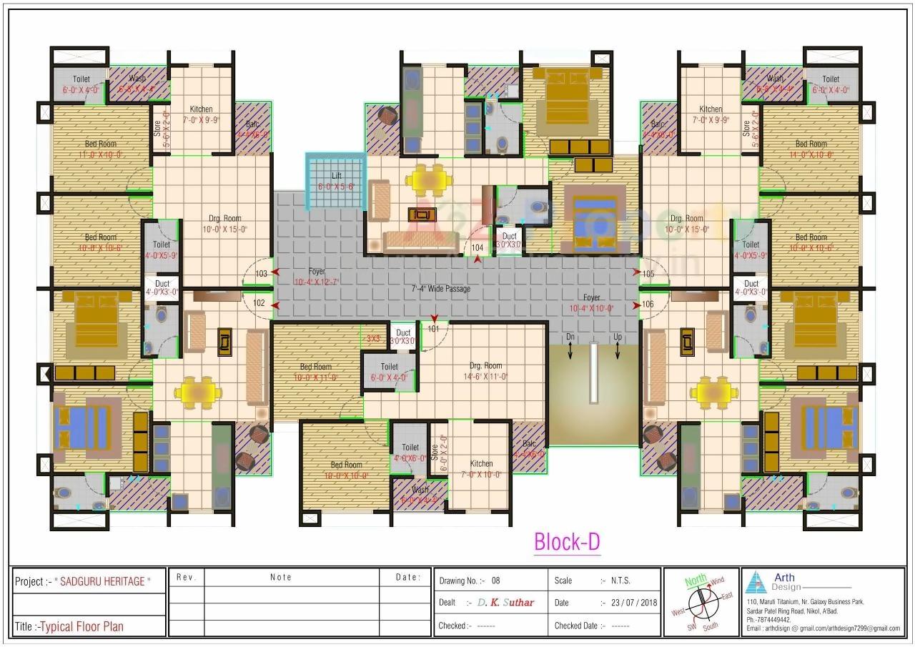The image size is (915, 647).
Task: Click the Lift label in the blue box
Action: (x=336, y=175)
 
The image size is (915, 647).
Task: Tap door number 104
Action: (x=478, y=248)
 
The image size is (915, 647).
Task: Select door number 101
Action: (x=433, y=330)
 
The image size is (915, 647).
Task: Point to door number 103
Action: (x=261, y=274)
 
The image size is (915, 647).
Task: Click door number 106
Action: (x=648, y=304)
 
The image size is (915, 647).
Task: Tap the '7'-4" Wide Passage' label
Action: (x=440, y=289)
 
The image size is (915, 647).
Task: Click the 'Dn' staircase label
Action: (x=570, y=337)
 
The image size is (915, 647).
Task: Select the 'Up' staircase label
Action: (x=618, y=337)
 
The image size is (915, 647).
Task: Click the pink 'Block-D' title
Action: (x=567, y=543)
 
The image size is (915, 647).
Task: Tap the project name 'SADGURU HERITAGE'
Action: (x=103, y=582)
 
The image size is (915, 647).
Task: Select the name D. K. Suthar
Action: (x=505, y=603)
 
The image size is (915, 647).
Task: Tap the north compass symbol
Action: (x=701, y=603)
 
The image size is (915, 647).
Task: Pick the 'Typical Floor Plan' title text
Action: (x=81, y=627)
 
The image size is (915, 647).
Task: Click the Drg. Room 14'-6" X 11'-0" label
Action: (x=485, y=370)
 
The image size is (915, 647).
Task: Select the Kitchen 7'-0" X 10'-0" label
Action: (x=481, y=468)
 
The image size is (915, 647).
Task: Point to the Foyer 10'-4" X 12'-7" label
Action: (x=317, y=277)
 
